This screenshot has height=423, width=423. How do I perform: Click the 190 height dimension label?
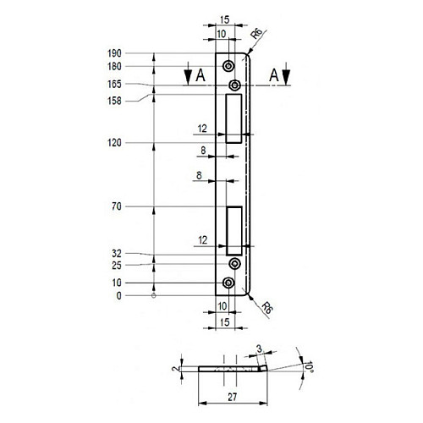coord(114,53)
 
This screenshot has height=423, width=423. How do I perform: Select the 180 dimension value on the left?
coord(114,67)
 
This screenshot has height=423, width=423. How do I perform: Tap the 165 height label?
coord(114,84)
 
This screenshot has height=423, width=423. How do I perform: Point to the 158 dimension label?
coord(114,101)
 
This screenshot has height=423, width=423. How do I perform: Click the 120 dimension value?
coord(114,143)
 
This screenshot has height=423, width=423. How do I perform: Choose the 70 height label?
coord(117,206)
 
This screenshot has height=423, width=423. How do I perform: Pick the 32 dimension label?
coord(117,254)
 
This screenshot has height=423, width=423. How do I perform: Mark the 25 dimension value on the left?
coord(117,266)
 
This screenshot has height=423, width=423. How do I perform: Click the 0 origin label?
coord(119,296)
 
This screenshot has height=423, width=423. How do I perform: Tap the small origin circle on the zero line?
coord(154,295)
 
